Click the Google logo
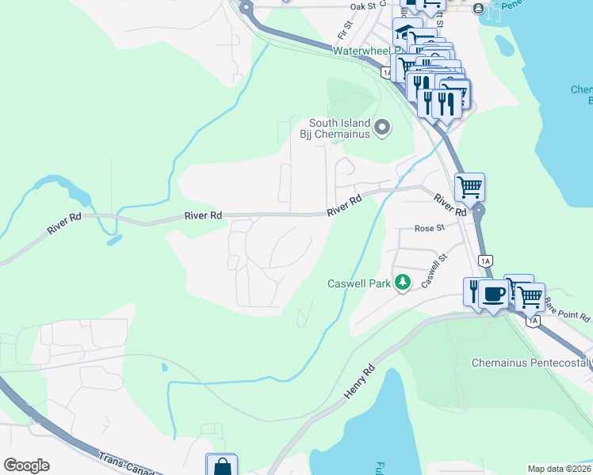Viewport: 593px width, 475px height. tap(26, 465)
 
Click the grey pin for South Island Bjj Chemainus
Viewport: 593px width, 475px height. tap(383, 127)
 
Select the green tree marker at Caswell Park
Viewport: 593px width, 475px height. tap(403, 283)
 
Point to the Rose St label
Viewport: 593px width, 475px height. tap(430, 228)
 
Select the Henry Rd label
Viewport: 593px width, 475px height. tap(358, 382)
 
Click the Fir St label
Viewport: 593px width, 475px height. tap(343, 33)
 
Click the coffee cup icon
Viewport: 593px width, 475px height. tap(493, 293)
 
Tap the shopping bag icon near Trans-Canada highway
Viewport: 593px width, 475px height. tap(221, 465)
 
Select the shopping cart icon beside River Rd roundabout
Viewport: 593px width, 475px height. tap(469, 188)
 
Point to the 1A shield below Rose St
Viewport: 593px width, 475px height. tap(485, 260)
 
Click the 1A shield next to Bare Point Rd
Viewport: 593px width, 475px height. tap(532, 321)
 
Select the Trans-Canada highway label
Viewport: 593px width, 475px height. tap(127, 464)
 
